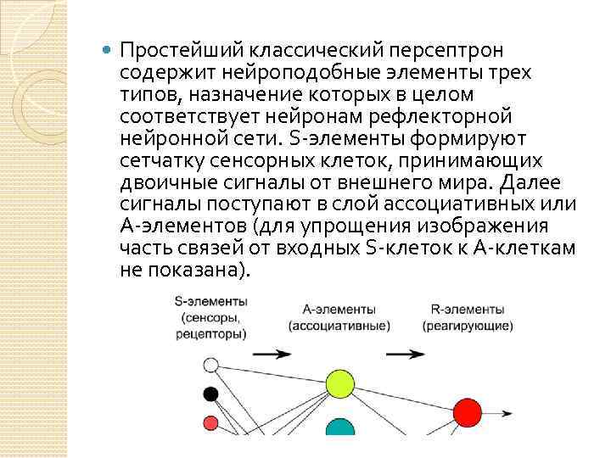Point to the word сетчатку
pyautogui.click(x=161, y=161)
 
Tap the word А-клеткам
pyautogui.click(x=532, y=248)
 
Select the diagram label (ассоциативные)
pyautogui.click(x=339, y=326)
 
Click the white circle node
pyautogui.click(x=211, y=366)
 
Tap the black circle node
pyautogui.click(x=211, y=394)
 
